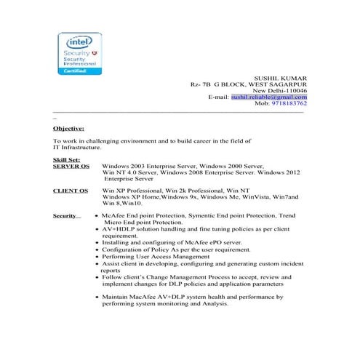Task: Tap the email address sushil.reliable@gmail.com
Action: click(x=268, y=96)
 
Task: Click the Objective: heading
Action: click(x=68, y=127)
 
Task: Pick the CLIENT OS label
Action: click(x=71, y=191)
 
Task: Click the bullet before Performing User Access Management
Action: click(x=97, y=257)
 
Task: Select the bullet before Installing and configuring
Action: click(x=97, y=242)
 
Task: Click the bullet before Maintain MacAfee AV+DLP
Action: click(x=97, y=297)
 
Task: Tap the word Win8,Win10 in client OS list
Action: click(x=123, y=204)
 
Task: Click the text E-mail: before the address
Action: click(x=219, y=96)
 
